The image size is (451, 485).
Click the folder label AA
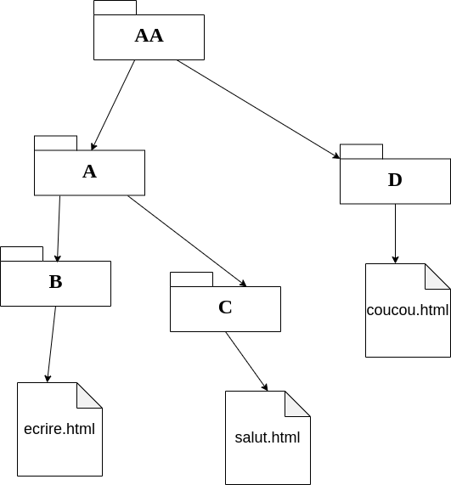(x=149, y=36)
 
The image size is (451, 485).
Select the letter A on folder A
(x=89, y=172)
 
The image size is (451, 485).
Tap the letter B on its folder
(x=56, y=282)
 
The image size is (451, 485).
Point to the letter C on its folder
(x=225, y=307)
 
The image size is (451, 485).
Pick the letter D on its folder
(x=395, y=180)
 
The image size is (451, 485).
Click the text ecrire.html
(x=59, y=429)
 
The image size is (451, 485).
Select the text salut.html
(x=268, y=437)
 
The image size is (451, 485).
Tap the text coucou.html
(x=408, y=310)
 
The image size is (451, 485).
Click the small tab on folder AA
(x=115, y=8)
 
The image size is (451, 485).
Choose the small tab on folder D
(x=361, y=151)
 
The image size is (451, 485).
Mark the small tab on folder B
(x=21, y=254)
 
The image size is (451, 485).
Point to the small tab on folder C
(x=191, y=279)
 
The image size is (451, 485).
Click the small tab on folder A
(x=56, y=143)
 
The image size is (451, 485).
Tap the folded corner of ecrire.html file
(x=89, y=395)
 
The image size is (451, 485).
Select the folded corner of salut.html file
(x=297, y=403)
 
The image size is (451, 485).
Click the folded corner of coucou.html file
(x=437, y=277)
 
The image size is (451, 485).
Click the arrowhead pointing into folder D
(x=336, y=155)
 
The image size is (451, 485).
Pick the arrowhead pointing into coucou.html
(x=395, y=260)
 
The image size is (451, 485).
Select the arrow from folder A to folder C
(x=187, y=241)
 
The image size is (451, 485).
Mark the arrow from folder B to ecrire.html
(x=51, y=344)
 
